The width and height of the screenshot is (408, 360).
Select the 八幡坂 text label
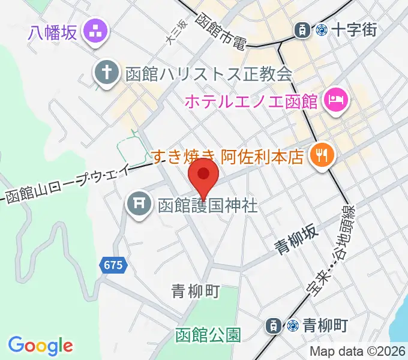(x=53, y=31)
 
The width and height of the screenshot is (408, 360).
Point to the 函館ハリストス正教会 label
(x=209, y=74)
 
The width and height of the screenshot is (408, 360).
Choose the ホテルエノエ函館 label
(x=251, y=101)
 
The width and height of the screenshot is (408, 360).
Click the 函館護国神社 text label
(x=208, y=206)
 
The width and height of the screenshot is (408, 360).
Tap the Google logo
(x=41, y=345)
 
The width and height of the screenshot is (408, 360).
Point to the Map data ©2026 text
(x=358, y=352)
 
